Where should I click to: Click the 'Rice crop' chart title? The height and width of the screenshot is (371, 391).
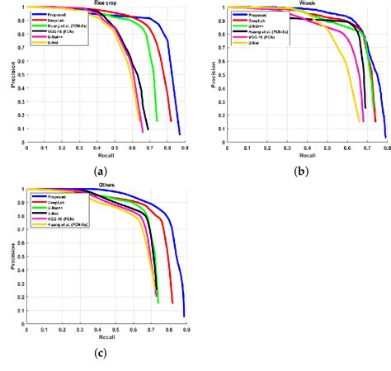[x=105, y=2]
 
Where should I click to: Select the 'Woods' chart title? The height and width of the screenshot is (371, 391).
[x=309, y=3]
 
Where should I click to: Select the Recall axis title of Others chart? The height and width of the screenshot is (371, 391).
[x=106, y=338]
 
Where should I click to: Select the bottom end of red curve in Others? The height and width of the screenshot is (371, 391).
[x=172, y=303]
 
